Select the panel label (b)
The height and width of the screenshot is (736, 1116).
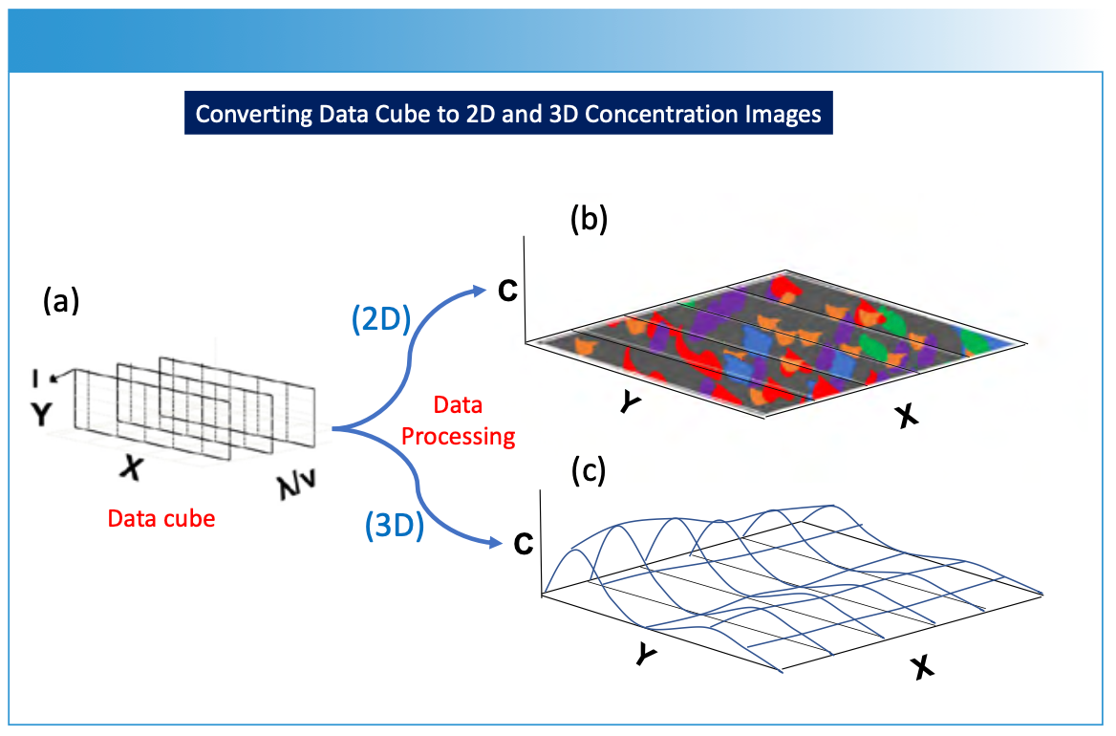pyautogui.click(x=590, y=221)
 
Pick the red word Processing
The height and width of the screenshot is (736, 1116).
pyautogui.click(x=458, y=437)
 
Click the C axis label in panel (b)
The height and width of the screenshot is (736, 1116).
pyautogui.click(x=507, y=290)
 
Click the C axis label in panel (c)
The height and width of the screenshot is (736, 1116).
pyautogui.click(x=523, y=544)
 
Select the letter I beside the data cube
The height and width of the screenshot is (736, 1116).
pyautogui.click(x=35, y=379)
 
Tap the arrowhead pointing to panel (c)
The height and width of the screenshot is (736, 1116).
pyautogui.click(x=497, y=544)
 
